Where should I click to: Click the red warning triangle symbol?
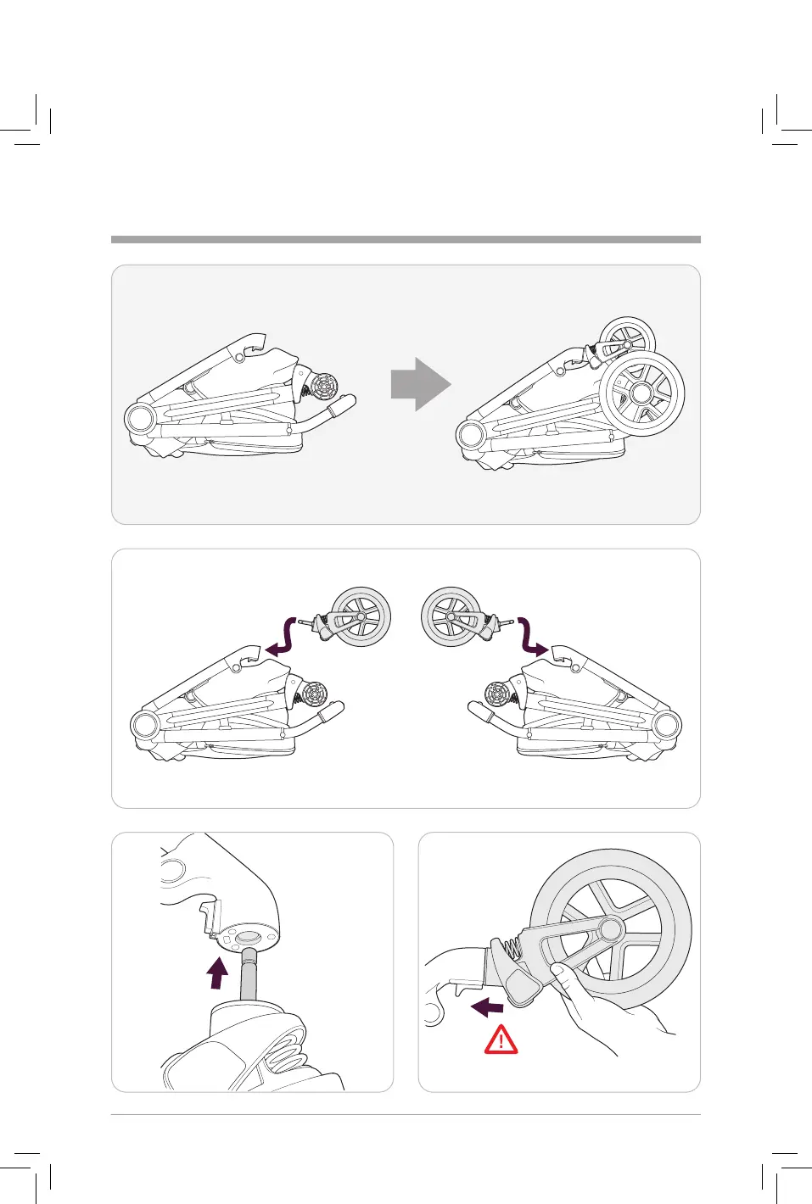501,1040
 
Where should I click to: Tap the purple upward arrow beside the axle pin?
218,973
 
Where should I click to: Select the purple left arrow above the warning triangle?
487,1007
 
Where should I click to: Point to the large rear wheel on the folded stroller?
642,393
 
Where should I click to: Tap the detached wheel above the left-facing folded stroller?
361,616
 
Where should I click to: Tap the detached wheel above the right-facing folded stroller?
451,616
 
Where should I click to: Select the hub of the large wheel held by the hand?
611,930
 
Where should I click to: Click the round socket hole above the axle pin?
249,938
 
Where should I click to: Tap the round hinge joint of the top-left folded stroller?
138,419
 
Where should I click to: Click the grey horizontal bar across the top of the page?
406,240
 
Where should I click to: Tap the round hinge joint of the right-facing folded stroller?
667,726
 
